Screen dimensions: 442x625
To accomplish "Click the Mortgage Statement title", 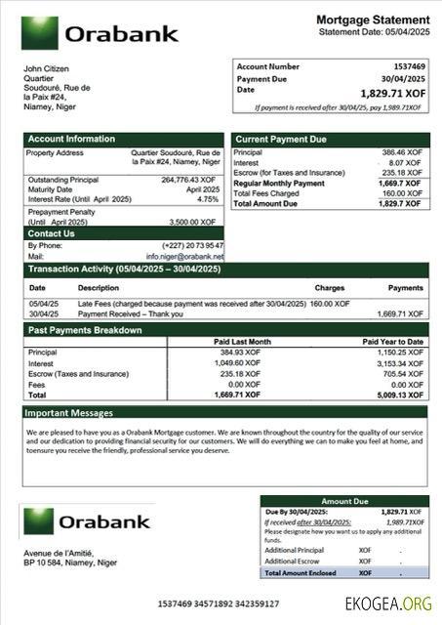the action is (373, 20).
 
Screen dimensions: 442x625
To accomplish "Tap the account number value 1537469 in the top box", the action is (407, 66).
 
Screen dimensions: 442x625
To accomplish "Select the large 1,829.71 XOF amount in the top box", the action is (392, 93).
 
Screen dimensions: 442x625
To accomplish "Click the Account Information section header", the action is (71, 139).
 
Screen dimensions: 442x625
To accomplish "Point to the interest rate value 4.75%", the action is (208, 199).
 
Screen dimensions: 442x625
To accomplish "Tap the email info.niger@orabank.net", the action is (185, 256).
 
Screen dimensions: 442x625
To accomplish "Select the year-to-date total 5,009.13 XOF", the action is (404, 395).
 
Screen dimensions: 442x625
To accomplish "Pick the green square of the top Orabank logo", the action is (38, 33).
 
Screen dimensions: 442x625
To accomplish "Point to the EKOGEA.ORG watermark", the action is (387, 604).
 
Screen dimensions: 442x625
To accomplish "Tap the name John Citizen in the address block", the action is (44, 67).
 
